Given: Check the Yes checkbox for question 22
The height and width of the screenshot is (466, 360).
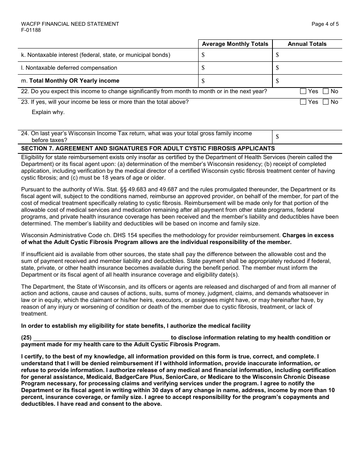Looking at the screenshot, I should (303, 91).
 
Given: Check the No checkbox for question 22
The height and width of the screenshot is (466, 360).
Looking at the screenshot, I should (326, 91).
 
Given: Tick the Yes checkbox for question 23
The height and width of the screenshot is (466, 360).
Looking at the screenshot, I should (303, 102).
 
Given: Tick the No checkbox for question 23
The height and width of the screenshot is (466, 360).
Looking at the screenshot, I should (326, 102).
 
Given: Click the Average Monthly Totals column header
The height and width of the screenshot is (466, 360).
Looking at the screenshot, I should (235, 44).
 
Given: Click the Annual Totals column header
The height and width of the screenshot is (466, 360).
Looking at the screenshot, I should (307, 44).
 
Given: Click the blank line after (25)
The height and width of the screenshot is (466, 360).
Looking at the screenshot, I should (101, 338).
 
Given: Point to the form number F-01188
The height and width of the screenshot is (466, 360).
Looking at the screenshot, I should (31, 30).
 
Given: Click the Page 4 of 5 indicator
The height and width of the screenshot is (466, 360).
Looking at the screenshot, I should (325, 24).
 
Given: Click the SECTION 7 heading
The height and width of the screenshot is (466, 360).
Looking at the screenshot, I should (148, 149).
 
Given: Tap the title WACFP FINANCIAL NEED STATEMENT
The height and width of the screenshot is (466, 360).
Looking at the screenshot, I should (70, 24).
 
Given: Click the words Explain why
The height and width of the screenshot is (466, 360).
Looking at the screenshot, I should (48, 112).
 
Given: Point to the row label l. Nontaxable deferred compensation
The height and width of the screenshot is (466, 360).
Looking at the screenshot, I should (69, 68).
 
